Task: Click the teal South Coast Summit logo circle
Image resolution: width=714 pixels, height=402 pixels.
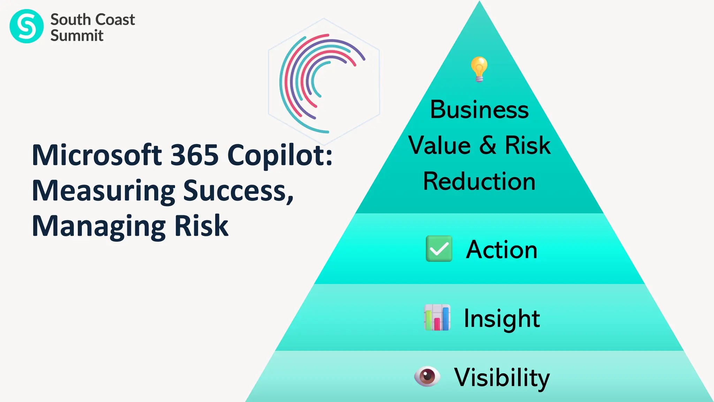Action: click(x=26, y=26)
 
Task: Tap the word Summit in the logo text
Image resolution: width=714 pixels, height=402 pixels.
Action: click(x=77, y=36)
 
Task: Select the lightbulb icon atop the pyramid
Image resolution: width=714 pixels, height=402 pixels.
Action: click(x=479, y=69)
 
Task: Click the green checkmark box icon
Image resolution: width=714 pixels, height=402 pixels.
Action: click(x=439, y=249)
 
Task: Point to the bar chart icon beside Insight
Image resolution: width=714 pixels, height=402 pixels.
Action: click(x=437, y=318)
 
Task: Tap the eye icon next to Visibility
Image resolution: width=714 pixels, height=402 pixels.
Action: click(x=427, y=377)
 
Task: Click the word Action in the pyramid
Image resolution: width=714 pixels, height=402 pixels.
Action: click(x=502, y=250)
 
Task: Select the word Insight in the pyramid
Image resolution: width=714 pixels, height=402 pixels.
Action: click(x=502, y=319)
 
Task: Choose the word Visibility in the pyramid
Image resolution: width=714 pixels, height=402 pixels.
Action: click(x=502, y=378)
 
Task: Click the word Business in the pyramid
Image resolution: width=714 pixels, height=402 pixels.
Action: click(x=479, y=110)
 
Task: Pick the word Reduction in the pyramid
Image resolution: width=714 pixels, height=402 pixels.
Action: click(x=479, y=181)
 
